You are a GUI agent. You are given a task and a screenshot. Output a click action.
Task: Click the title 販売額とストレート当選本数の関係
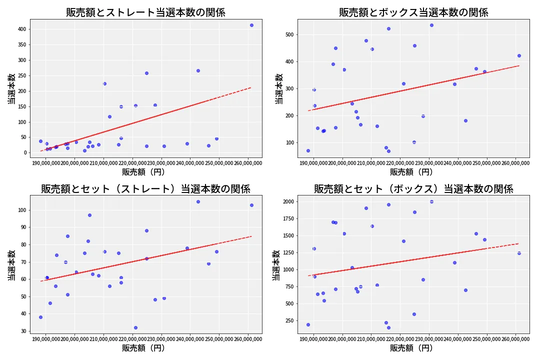click(x=145, y=12)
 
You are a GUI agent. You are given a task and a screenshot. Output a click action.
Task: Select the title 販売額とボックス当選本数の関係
click(x=413, y=12)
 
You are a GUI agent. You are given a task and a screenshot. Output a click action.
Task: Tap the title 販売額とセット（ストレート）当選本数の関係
click(x=145, y=189)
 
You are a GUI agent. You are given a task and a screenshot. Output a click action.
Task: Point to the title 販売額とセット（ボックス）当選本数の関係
click(x=413, y=189)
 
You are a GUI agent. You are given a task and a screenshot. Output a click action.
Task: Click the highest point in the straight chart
click(x=251, y=25)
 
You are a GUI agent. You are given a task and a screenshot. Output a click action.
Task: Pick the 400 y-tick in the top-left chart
click(x=22, y=29)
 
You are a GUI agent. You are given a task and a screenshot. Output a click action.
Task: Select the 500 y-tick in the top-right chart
click(x=290, y=34)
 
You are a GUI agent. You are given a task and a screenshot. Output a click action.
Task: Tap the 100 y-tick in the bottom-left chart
click(x=22, y=210)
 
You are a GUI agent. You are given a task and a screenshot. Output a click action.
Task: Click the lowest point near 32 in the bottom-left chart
click(x=135, y=327)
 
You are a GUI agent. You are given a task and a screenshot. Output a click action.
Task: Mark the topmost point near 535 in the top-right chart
click(x=431, y=25)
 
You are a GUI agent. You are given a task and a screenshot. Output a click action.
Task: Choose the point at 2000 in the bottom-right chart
click(x=431, y=201)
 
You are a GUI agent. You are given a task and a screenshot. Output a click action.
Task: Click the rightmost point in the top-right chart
click(x=519, y=55)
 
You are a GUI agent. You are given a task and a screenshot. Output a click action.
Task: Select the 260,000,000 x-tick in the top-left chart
click(x=248, y=163)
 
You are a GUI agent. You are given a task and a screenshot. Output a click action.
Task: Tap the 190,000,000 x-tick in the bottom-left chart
click(x=45, y=338)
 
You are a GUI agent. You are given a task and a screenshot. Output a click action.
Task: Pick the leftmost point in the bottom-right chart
click(x=308, y=324)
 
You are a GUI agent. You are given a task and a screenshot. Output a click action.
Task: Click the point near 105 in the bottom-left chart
click(x=198, y=201)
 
